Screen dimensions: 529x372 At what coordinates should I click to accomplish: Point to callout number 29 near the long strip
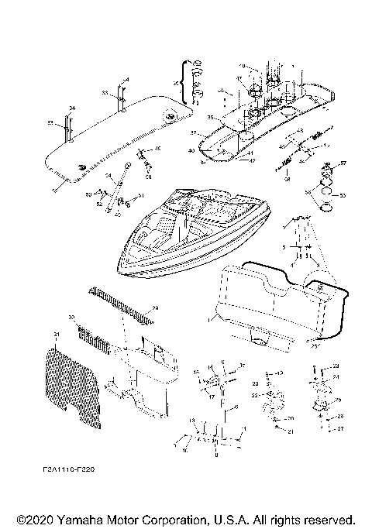153,308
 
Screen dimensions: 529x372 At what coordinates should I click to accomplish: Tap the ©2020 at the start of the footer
33,518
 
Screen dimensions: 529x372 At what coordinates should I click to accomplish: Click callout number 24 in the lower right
336,376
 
